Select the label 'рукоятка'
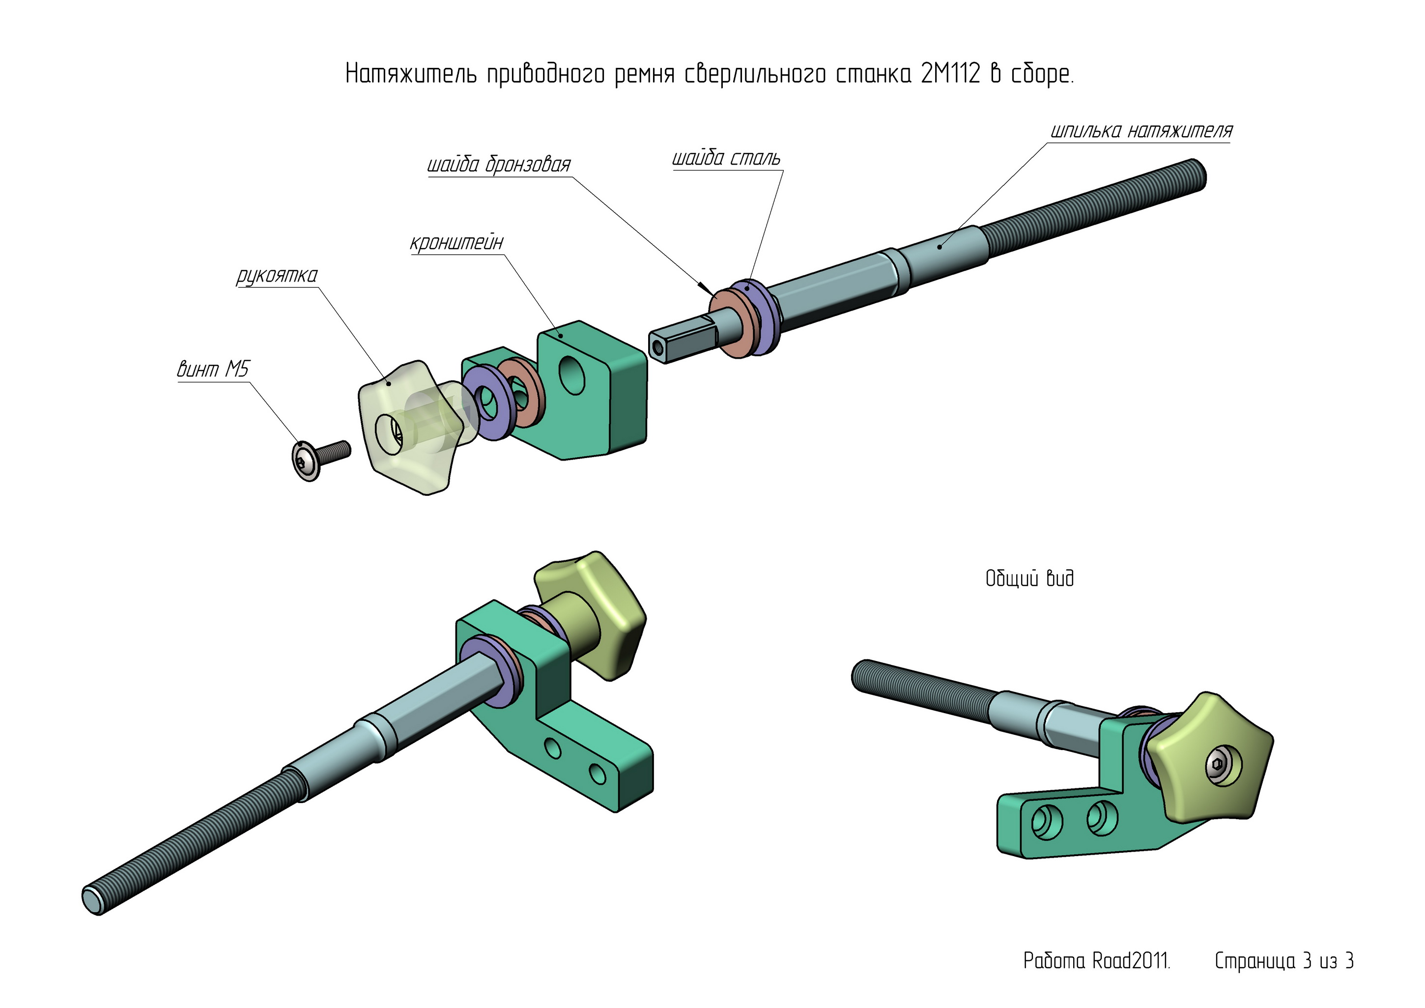tap(277, 275)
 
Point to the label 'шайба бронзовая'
tap(498, 165)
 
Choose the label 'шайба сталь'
tap(726, 158)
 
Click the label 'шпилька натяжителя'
tap(1141, 131)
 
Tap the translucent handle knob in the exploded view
tap(406, 428)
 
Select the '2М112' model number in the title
tap(950, 74)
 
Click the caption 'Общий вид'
tap(1029, 578)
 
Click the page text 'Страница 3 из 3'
tap(1283, 961)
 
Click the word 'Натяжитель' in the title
tap(410, 74)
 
